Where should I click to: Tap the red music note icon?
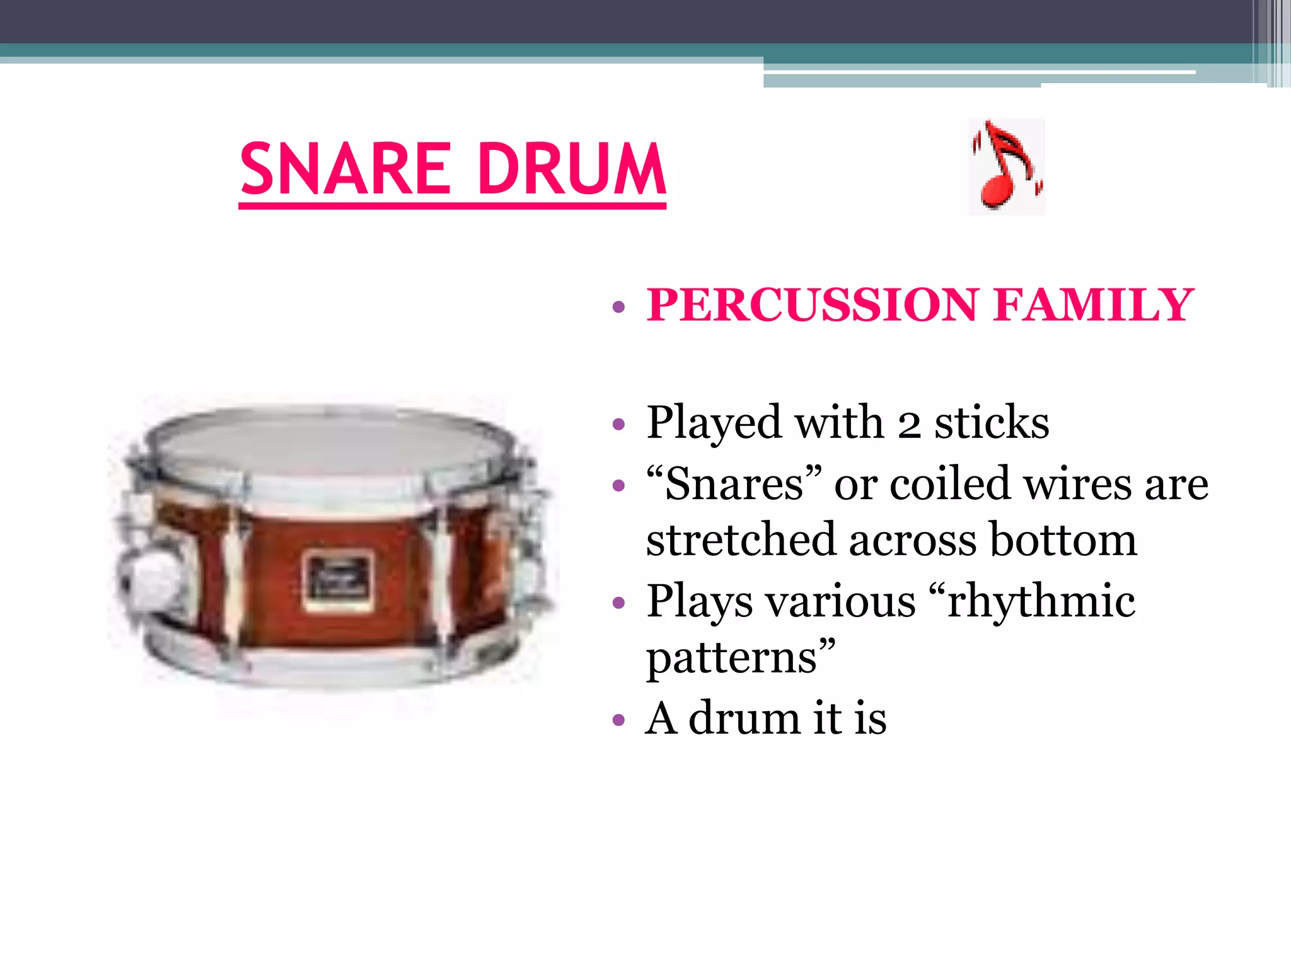tap(1006, 167)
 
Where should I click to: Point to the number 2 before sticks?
tap(908, 423)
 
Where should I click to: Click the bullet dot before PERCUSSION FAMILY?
tap(618, 307)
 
